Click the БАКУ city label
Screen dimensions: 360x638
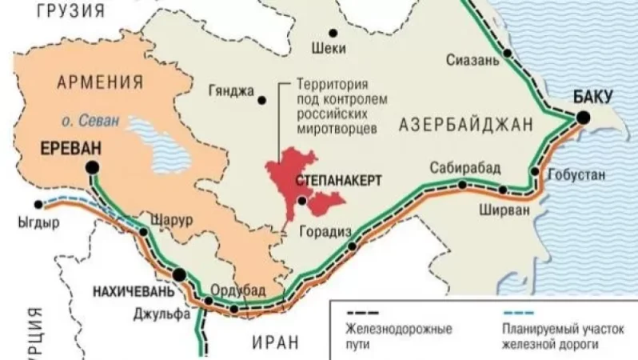[x=592, y=97]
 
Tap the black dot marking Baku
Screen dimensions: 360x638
[x=584, y=118]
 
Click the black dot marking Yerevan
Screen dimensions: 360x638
[x=94, y=166]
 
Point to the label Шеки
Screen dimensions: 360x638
[x=332, y=49]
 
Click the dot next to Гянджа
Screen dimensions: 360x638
[x=261, y=100]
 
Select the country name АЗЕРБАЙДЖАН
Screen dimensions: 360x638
[x=465, y=123]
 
